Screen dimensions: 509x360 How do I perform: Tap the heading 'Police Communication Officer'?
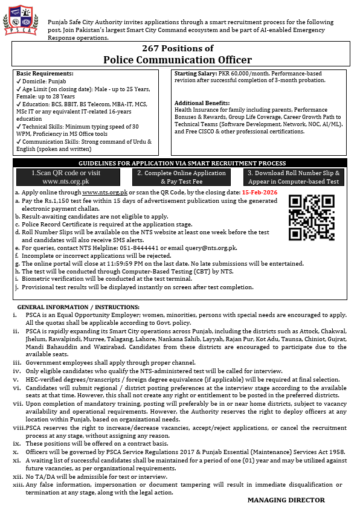[177, 59]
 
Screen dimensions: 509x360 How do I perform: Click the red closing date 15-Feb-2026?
[260, 192]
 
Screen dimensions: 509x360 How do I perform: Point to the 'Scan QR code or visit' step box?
[67, 176]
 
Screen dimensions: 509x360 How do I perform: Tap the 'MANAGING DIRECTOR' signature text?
[286, 500]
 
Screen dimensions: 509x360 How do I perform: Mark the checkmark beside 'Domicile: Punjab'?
[19, 81]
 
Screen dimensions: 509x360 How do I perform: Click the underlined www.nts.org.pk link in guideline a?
[100, 192]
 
